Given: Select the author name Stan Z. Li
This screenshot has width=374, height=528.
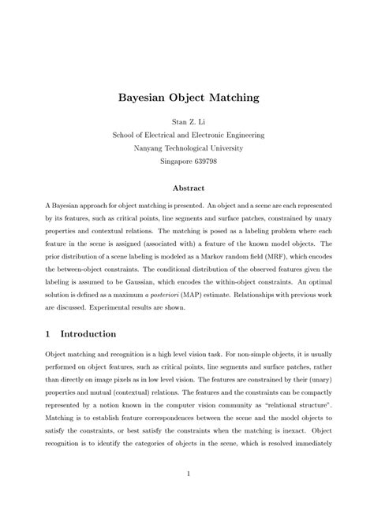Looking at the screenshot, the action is [x=187, y=123].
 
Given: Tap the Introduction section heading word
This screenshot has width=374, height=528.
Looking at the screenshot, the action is [x=89, y=334].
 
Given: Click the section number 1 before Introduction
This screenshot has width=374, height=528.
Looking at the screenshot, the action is [x=48, y=334].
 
